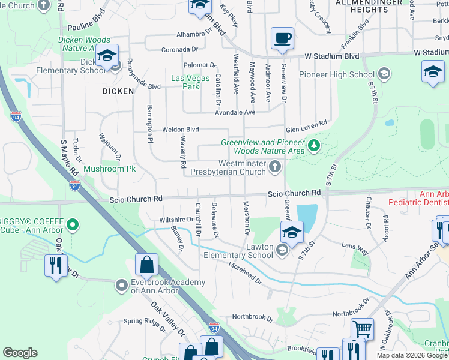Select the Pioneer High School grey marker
tap(384, 75)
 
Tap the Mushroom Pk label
tap(110, 169)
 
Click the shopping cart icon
tap(363, 329)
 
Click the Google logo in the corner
tap(20, 353)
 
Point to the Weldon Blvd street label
tap(180, 129)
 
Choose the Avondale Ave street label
tap(236, 112)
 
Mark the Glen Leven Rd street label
tap(306, 122)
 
